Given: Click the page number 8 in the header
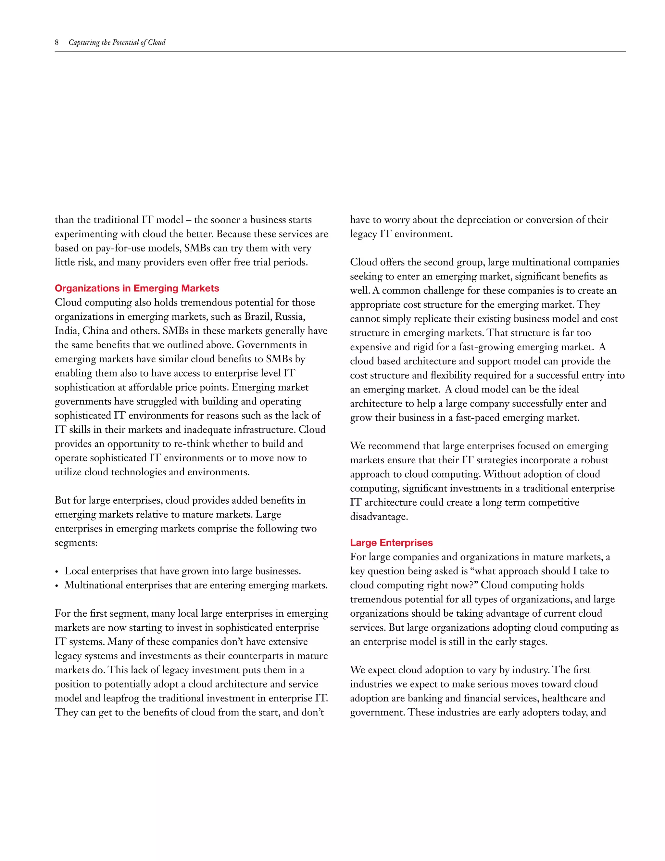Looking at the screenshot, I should (x=57, y=43).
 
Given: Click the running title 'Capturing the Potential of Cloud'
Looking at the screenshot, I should (x=117, y=43).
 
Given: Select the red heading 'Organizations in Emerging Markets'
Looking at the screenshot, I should (x=137, y=288).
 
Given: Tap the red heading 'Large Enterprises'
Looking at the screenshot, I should (x=391, y=543).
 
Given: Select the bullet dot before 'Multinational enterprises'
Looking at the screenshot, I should (x=57, y=586).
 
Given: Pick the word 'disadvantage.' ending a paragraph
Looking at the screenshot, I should (x=379, y=517).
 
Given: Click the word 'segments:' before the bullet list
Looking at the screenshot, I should (x=76, y=543).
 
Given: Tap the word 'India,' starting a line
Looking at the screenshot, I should (x=67, y=331).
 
